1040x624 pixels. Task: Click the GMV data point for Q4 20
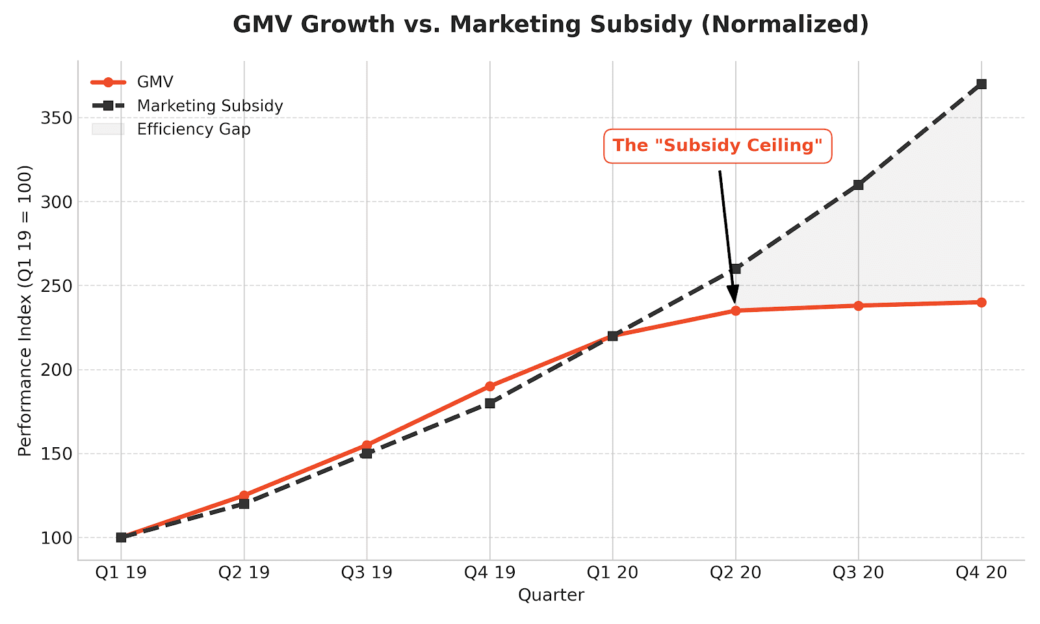981,302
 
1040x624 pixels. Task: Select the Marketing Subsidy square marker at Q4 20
981,84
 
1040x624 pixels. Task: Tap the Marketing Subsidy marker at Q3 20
858,185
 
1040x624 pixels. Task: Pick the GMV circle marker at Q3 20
858,305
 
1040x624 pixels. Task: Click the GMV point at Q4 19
489,386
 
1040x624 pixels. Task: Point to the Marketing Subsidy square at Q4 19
489,403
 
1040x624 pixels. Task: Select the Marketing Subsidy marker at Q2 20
735,268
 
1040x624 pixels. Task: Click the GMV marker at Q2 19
244,495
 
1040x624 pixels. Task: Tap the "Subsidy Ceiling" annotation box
718,146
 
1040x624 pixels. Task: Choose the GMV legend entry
155,83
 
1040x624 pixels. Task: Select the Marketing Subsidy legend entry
209,106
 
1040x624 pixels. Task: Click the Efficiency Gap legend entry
193,129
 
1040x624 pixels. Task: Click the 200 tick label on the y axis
57,370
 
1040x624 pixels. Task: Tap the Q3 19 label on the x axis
367,573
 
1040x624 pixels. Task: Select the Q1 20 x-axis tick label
612,573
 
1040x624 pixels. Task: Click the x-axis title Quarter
551,595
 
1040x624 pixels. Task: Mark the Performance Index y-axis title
25,311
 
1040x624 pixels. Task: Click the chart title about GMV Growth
551,25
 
